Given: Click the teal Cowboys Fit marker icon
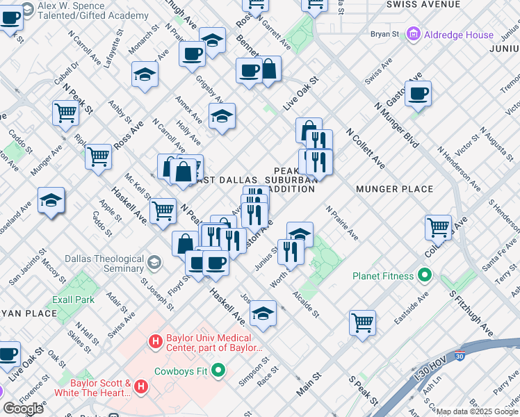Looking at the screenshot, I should point(219,370).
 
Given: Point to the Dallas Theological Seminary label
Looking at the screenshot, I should point(104,263).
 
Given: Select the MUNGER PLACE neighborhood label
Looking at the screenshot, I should point(394,189).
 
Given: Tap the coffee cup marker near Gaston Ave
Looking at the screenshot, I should point(418,93).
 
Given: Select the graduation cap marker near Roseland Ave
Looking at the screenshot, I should point(51,200).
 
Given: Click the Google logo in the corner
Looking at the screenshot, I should point(23,409).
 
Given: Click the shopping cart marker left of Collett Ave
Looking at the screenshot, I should point(438,226).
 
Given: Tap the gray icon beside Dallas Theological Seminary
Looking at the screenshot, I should point(154,263).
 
